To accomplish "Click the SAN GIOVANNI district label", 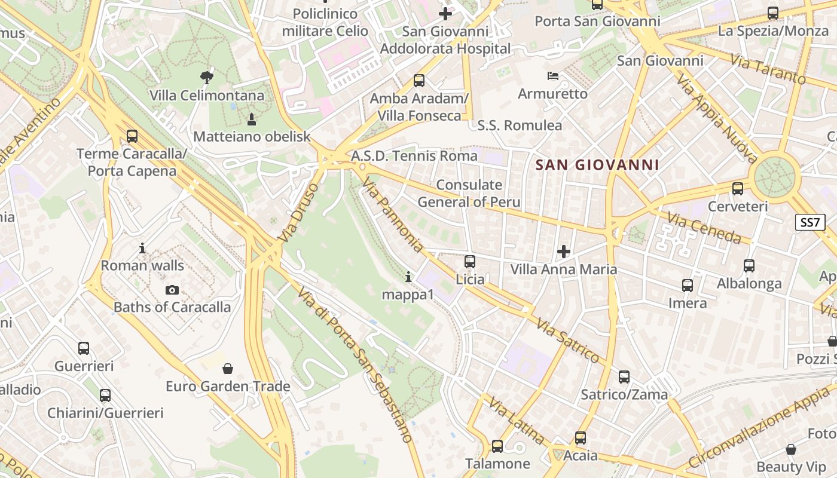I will tap(597, 165).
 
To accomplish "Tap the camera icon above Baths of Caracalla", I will tap(172, 290).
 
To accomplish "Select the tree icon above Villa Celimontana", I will tap(207, 77).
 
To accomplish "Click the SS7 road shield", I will tap(810, 222).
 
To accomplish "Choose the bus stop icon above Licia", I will tap(470, 262).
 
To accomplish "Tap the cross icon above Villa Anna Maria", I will tap(563, 252).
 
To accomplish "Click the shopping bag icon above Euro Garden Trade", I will tap(227, 369).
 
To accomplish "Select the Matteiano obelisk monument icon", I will tap(252, 119).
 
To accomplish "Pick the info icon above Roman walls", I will tap(142, 247).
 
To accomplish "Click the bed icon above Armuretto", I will tap(553, 76).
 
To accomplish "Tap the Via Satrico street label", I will tap(567, 341).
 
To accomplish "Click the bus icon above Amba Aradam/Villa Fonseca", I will tap(419, 81).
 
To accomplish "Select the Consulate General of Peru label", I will tap(469, 194).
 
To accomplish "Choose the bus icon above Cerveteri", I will tap(738, 189).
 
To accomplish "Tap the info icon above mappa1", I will tap(408, 277).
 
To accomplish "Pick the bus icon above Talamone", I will tap(497, 446).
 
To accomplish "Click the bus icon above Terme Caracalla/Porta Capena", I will tap(132, 136).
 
